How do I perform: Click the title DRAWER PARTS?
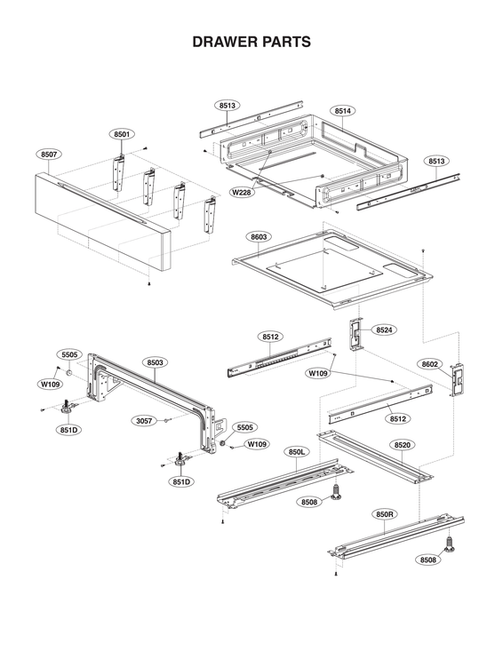251,42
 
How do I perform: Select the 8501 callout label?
123,134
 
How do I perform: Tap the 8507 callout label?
50,155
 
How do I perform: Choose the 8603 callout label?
259,237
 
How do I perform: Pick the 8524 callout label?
384,329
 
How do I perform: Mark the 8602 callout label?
430,364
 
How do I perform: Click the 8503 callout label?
155,362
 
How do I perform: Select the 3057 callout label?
143,420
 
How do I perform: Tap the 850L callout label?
297,452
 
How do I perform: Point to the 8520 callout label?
402,443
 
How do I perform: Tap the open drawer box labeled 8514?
311,164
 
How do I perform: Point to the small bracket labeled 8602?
459,380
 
